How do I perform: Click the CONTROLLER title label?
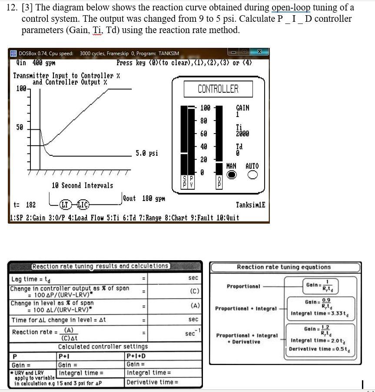(x=218, y=89)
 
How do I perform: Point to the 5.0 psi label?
(x=147, y=153)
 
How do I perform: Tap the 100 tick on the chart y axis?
(x=21, y=89)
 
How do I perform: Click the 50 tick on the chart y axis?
(x=20, y=127)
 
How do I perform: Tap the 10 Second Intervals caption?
(x=83, y=185)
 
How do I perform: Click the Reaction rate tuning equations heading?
(x=283, y=267)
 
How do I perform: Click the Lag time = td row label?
(x=30, y=279)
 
